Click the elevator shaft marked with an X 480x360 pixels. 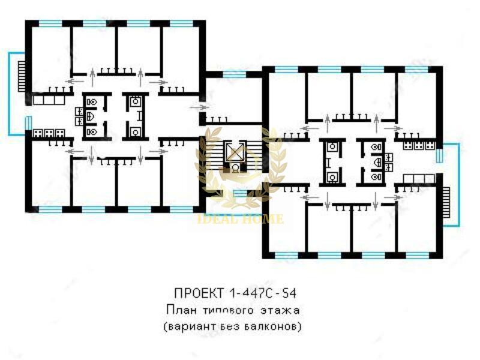[235, 151]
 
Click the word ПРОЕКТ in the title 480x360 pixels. [199, 293]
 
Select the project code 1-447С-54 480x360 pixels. [262, 293]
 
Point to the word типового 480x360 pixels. [229, 310]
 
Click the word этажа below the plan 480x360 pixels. [280, 311]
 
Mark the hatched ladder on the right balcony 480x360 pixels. [446, 202]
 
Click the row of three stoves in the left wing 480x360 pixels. [49, 133]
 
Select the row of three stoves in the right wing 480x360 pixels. [419, 146]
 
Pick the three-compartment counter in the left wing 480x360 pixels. [49, 100]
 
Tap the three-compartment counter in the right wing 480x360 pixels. [419, 179]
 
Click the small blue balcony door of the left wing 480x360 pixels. [28, 123]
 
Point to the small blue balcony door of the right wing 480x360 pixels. [439, 156]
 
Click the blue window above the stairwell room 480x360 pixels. [234, 74]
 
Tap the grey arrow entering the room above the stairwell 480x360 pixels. [200, 107]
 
